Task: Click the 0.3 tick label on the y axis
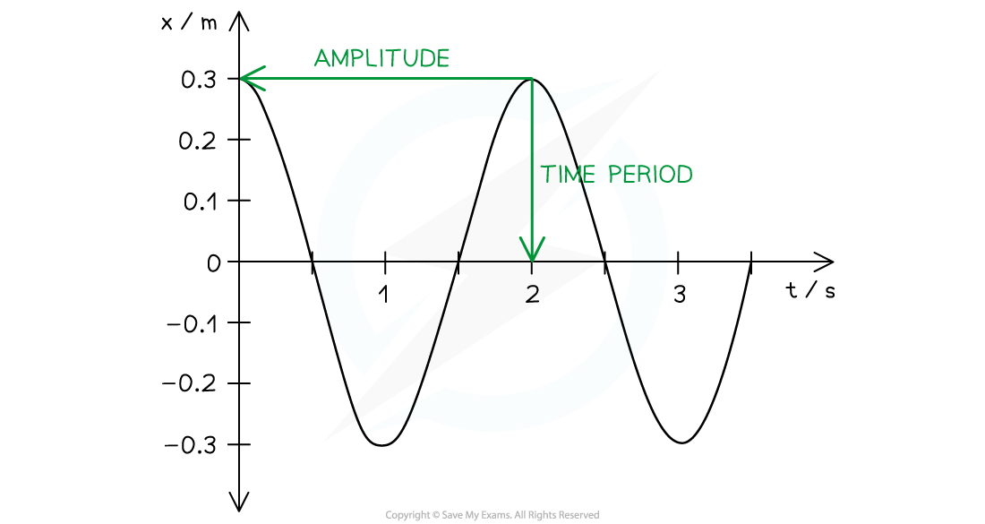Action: tap(199, 80)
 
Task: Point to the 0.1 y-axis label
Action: tap(200, 202)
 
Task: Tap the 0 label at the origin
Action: tap(214, 263)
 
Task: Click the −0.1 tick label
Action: tap(191, 324)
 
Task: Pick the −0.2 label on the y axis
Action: tap(189, 383)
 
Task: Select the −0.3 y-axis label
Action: tap(191, 445)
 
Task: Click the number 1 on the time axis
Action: tap(383, 294)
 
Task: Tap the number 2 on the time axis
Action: tap(532, 294)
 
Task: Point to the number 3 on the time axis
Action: tap(679, 294)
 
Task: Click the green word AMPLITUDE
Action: tap(382, 58)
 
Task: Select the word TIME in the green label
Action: tap(567, 174)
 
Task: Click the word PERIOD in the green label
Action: tap(650, 174)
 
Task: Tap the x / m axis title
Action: tap(189, 23)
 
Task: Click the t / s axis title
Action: tap(810, 290)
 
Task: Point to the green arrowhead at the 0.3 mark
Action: tap(252, 79)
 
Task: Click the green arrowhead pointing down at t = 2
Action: tap(532, 249)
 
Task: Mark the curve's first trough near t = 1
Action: tap(382, 445)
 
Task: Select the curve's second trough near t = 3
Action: tap(681, 442)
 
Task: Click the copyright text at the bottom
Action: tap(492, 515)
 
